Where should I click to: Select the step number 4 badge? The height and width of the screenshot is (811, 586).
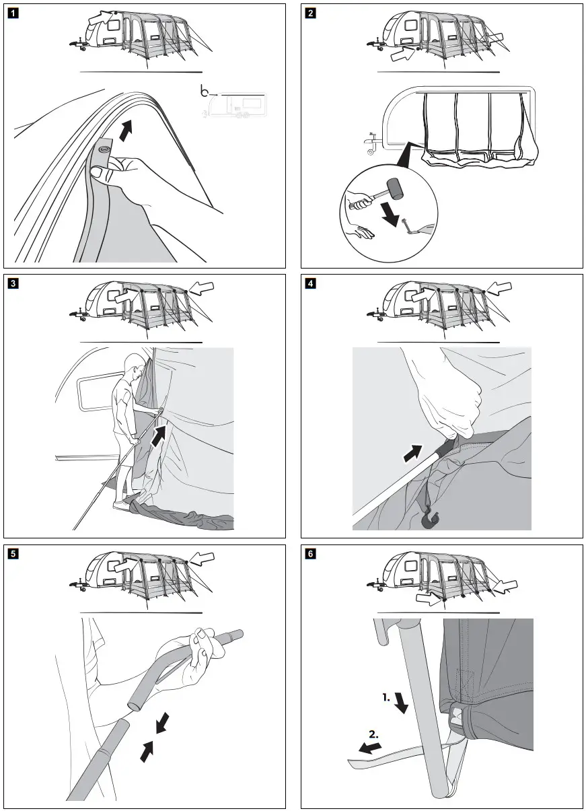pos(310,283)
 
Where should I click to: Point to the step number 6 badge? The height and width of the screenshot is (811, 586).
pos(310,554)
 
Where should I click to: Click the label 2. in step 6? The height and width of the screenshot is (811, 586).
pos(373,736)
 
